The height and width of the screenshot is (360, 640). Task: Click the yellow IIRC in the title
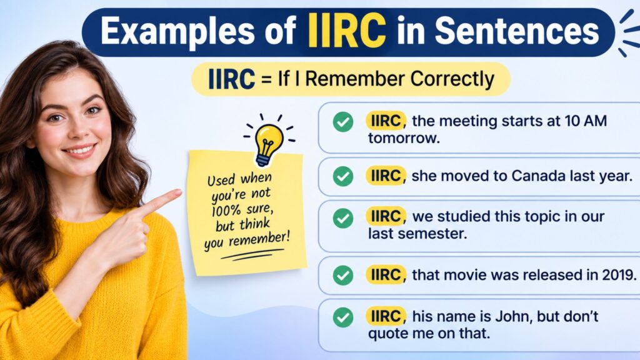[347, 31]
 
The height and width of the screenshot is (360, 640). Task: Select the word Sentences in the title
[516, 31]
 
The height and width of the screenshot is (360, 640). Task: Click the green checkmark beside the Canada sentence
[343, 176]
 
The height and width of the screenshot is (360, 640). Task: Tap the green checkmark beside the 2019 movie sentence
[343, 275]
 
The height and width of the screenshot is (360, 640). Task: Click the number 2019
[619, 275]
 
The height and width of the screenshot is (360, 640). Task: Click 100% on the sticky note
[224, 211]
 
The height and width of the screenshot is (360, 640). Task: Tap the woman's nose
[80, 131]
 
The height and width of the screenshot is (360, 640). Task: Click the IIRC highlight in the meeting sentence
[385, 121]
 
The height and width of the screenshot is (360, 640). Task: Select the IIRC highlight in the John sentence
[385, 316]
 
